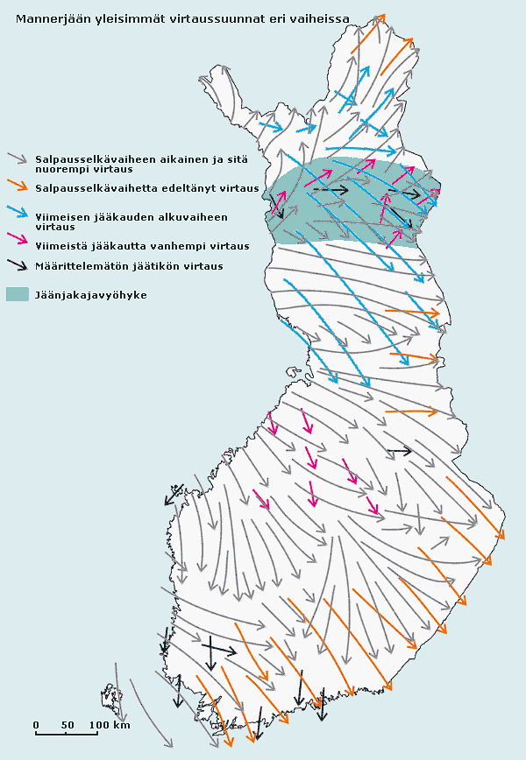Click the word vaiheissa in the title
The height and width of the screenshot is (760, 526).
(321, 19)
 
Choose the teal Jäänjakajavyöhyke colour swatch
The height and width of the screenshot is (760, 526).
(18, 294)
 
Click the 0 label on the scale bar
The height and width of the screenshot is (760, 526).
(36, 725)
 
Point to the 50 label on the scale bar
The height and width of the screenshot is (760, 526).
(67, 725)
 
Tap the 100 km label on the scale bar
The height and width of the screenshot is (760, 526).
(109, 725)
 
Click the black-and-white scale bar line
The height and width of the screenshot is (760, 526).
(67, 734)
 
